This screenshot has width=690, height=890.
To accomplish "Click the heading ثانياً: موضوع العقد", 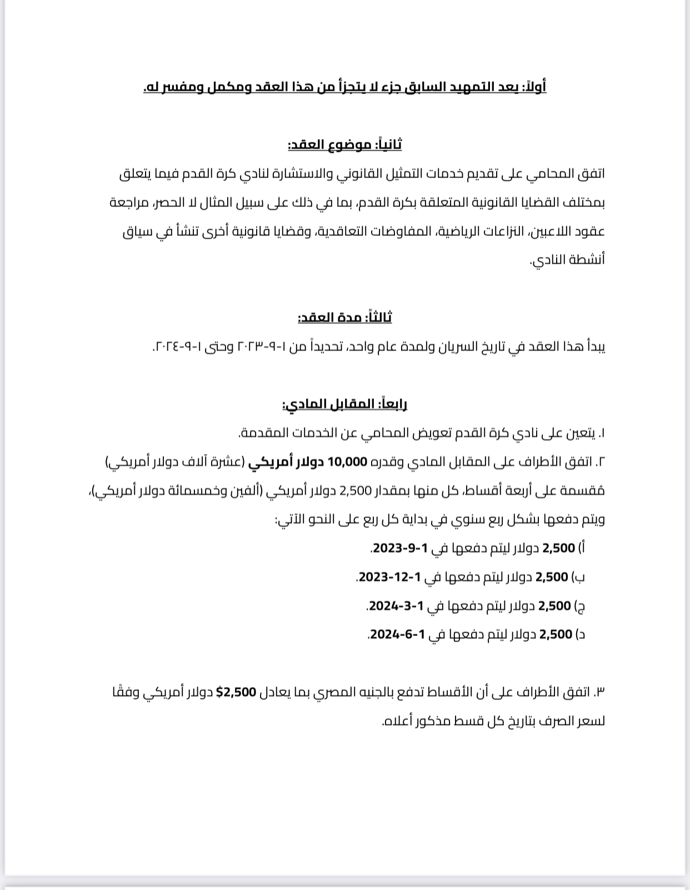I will pos(344,145).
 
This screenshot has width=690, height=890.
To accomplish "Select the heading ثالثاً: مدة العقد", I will pos(344,317).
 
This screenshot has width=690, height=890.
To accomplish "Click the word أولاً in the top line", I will pos(535,87).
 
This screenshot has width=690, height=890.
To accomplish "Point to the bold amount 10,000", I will pos(348,461).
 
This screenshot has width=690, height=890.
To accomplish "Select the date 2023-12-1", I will pos(389,577).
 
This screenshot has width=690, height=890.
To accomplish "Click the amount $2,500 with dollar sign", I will pos(236,692).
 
